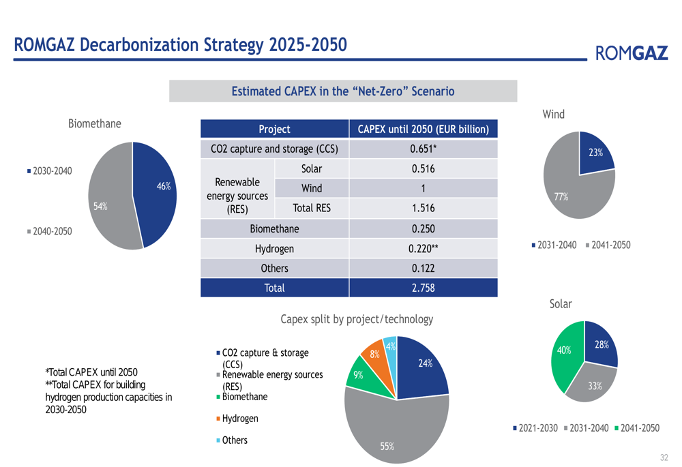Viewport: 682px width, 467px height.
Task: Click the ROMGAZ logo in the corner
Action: coord(632,52)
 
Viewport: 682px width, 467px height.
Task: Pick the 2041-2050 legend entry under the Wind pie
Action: coord(608,245)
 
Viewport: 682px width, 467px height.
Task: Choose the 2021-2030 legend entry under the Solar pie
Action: coord(535,428)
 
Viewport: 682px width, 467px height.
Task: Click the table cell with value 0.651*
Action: coord(423,149)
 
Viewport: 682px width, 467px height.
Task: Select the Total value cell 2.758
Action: coord(423,288)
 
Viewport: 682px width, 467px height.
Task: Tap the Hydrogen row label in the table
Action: coord(274,249)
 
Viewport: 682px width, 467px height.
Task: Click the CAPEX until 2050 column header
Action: coord(423,129)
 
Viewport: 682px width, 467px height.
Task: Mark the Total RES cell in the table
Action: coord(311,208)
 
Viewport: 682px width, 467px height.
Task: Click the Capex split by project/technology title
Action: coord(357,319)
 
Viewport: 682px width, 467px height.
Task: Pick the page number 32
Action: coord(664,457)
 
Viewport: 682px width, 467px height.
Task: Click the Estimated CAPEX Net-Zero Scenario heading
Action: coord(343,91)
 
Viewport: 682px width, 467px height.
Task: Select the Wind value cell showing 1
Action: coord(423,188)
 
